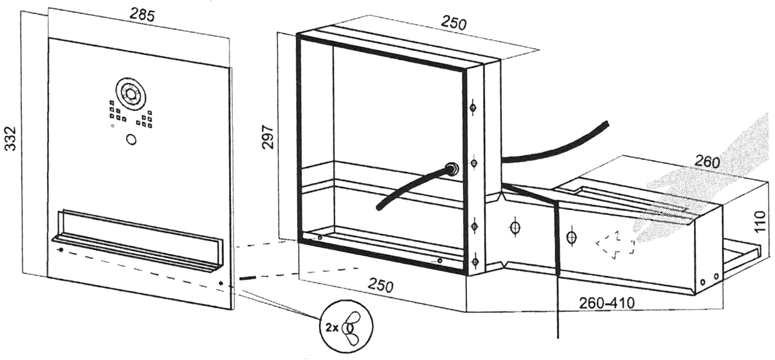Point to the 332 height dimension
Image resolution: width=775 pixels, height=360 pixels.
(x=11, y=138)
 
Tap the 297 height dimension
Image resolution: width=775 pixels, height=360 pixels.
(x=268, y=137)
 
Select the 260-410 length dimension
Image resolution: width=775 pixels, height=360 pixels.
(x=607, y=303)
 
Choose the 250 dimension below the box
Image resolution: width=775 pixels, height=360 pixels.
(x=380, y=286)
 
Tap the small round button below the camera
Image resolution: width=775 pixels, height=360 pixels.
(x=131, y=139)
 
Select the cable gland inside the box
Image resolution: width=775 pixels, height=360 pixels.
(x=452, y=168)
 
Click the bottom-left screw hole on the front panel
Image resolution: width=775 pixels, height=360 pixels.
(x=61, y=249)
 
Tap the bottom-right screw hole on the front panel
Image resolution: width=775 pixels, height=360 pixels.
(x=221, y=284)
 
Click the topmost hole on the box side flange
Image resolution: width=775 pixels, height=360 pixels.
(x=473, y=108)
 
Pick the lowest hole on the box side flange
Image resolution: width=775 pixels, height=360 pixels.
(x=475, y=261)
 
